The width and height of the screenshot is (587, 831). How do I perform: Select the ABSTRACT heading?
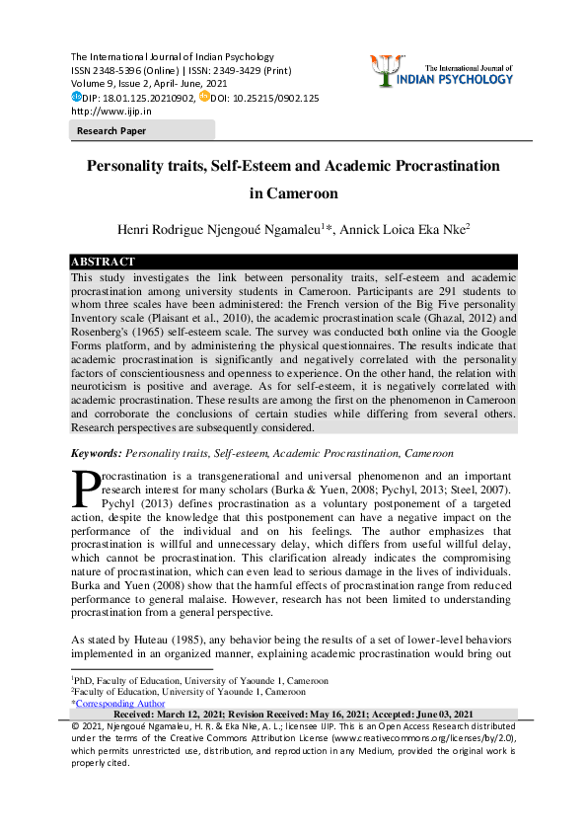coord(104,262)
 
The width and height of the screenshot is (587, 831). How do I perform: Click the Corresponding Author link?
coord(120,704)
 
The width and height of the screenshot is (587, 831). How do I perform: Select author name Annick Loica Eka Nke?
coord(402,229)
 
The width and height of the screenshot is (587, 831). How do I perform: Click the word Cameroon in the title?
coord(293,193)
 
